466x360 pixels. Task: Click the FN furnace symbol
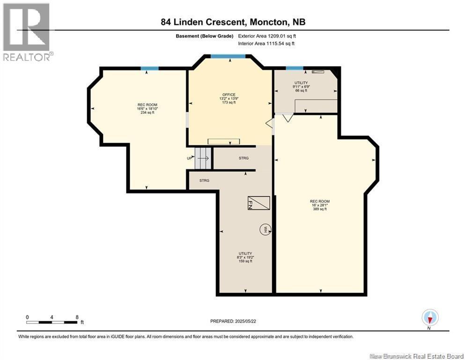pos(259,203)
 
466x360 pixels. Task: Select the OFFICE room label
pos(229,95)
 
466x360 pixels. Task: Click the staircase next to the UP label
pos(203,158)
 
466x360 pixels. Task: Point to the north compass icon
pos(430,317)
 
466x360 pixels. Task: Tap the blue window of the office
pos(228,56)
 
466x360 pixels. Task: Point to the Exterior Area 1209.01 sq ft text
pos(267,36)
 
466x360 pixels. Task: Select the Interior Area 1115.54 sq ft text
pos(266,44)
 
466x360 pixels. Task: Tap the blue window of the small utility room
pos(295,68)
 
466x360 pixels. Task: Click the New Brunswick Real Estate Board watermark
pos(416,356)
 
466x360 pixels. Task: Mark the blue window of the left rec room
pos(149,68)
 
